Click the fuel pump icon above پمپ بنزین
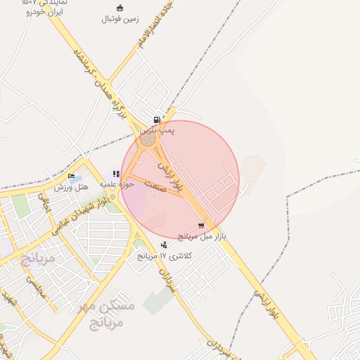pos(157,120)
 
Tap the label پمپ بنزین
pos(157,130)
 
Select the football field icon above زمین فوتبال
pos(120,8)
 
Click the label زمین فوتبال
pos(120,19)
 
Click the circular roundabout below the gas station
pos(148,140)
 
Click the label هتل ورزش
pos(71,187)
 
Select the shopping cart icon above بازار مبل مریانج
pos(202,226)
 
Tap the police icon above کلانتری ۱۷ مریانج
pos(164,245)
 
